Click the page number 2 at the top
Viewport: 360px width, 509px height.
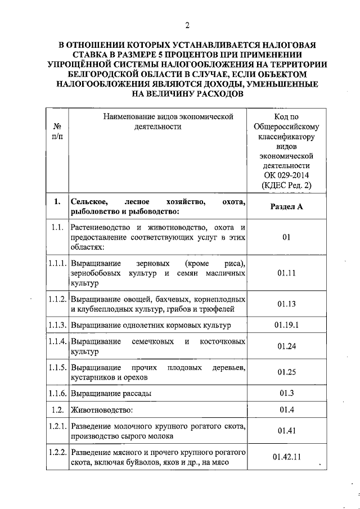[x=187, y=25]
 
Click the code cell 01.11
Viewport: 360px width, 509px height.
[x=286, y=274]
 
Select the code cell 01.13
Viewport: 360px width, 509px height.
[x=286, y=304]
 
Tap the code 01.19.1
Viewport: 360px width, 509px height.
[x=286, y=326]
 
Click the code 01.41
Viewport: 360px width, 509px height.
[x=286, y=431]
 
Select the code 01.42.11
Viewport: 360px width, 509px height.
[x=286, y=457]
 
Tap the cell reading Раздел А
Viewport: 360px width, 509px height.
[x=286, y=206]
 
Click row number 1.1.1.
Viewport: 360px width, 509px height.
[x=57, y=264]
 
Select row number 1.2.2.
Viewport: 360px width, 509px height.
[x=57, y=452]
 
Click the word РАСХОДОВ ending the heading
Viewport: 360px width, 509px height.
[x=215, y=94]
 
